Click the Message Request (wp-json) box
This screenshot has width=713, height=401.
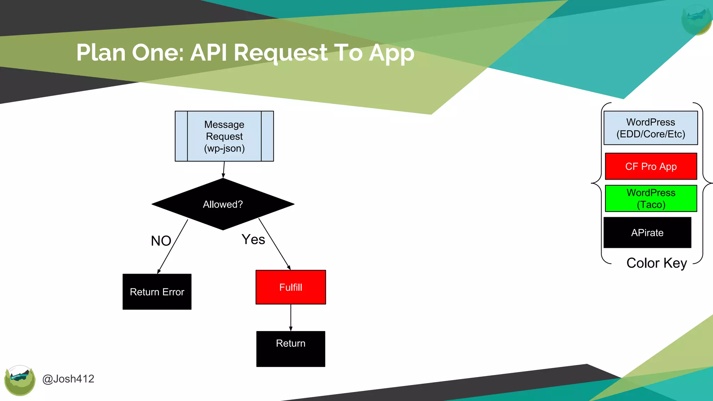click(224, 136)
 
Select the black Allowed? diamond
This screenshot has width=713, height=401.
click(223, 204)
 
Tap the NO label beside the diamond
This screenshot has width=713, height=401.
click(161, 241)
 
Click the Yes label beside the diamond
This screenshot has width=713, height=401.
click(253, 239)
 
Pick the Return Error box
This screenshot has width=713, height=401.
click(157, 292)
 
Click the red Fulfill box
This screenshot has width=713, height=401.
click(291, 287)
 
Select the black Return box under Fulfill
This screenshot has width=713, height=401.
click(291, 349)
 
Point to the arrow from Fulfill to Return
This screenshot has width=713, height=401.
click(291, 317)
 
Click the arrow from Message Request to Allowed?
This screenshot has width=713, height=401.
click(224, 170)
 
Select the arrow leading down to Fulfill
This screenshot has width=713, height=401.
click(275, 244)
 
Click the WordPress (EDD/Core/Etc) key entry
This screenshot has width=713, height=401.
click(651, 128)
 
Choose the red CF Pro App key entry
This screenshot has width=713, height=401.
click(651, 166)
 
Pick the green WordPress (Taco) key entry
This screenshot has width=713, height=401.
click(651, 198)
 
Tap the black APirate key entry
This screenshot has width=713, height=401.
click(647, 233)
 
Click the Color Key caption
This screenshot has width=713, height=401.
click(657, 263)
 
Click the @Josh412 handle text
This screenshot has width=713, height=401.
click(68, 379)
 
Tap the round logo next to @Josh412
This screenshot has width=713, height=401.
click(20, 380)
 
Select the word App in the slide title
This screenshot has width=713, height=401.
click(392, 53)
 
